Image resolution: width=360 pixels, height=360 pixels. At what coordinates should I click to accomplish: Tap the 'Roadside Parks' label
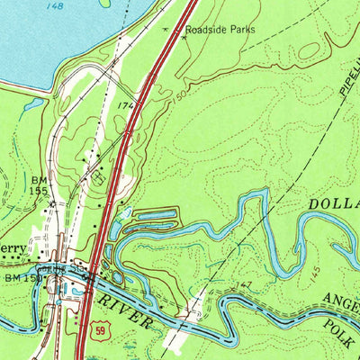(220, 30)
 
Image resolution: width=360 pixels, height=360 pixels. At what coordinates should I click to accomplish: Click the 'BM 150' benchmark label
(16, 280)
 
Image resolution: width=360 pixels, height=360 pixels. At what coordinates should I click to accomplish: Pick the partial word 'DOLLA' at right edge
(334, 204)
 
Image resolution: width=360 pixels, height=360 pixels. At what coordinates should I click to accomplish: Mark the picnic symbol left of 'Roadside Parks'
(166, 29)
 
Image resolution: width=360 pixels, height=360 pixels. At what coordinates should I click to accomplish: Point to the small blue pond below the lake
(32, 105)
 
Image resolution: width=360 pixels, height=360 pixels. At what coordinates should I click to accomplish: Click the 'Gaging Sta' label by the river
(67, 267)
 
